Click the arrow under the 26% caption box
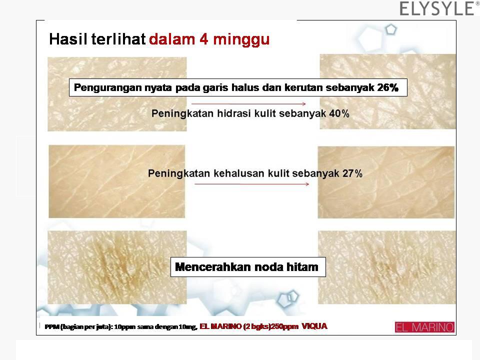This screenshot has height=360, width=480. [x=248, y=104]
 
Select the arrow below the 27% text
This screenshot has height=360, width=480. [x=251, y=184]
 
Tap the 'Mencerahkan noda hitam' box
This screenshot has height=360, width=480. [x=248, y=267]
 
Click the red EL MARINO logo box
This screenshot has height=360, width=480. [x=424, y=327]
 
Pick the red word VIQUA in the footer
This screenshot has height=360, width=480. [x=314, y=326]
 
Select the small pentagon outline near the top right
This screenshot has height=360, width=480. [x=391, y=29]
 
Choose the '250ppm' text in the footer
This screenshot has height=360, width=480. [x=286, y=326]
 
